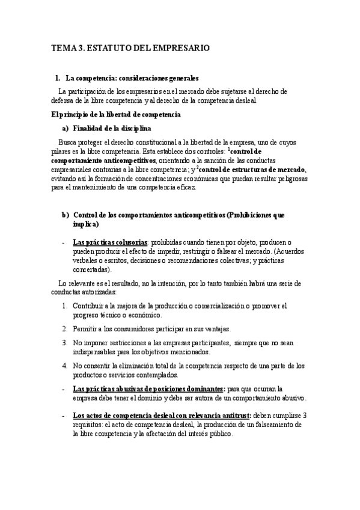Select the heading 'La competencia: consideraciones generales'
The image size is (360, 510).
coord(132,78)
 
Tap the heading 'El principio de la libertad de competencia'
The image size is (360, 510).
coord(117,114)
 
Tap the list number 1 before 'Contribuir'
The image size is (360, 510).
coord(65,307)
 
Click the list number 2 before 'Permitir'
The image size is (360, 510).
coord(65,329)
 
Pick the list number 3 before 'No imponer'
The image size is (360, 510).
coord(65,343)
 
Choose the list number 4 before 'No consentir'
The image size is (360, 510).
coord(65,365)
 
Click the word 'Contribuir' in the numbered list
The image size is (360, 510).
coord(89,307)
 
